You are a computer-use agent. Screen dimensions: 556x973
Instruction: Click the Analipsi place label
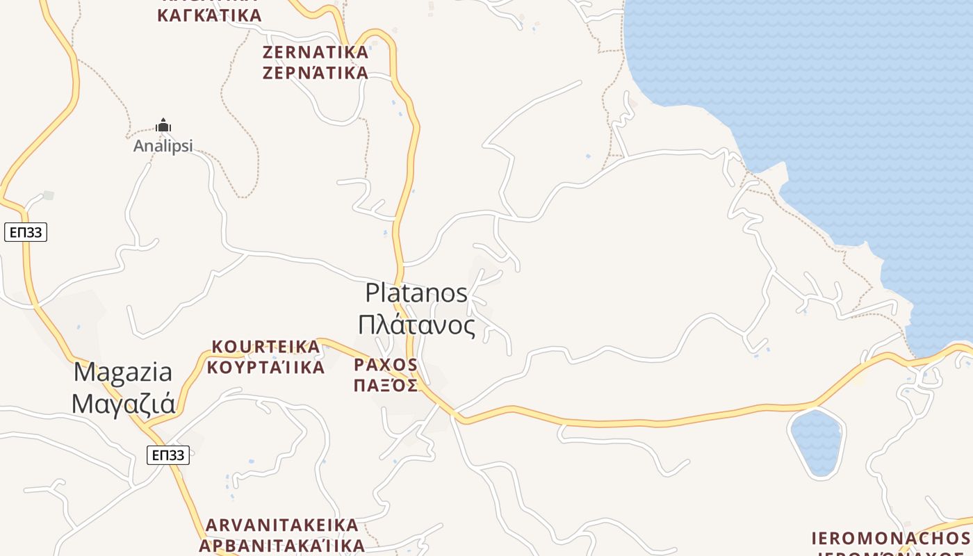click(x=163, y=146)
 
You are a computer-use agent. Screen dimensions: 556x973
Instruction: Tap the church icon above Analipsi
click(x=163, y=126)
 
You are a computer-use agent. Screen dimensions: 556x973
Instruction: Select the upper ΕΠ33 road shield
click(x=26, y=232)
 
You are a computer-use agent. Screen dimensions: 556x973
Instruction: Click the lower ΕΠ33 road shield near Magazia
click(x=168, y=455)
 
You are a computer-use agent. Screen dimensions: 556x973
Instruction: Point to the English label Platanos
click(x=416, y=293)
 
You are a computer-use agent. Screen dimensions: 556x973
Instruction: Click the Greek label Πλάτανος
click(x=416, y=325)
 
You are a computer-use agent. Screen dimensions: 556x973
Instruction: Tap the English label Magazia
click(x=123, y=372)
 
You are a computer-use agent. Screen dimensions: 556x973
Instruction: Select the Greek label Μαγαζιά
click(x=123, y=403)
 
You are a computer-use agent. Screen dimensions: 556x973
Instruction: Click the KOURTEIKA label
click(x=265, y=346)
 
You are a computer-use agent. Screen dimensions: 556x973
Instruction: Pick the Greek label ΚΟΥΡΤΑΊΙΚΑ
click(x=265, y=367)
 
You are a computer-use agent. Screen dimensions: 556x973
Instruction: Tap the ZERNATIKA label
click(x=316, y=52)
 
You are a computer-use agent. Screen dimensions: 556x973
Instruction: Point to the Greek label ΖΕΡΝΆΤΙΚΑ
click(x=316, y=73)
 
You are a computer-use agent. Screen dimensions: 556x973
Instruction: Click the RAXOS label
click(x=386, y=364)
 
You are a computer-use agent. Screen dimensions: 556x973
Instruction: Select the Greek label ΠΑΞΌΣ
click(x=386, y=385)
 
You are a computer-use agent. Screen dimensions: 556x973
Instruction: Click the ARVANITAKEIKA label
click(x=282, y=525)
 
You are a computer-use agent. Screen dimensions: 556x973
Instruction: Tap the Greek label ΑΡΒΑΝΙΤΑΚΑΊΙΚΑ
click(x=282, y=545)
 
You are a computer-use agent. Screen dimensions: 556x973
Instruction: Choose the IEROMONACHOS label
click(x=891, y=538)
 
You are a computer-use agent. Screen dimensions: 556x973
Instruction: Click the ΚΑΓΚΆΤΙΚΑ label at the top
click(x=209, y=15)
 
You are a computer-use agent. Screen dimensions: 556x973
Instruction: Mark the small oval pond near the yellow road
click(x=817, y=443)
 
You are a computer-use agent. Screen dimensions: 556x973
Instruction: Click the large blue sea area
click(x=834, y=83)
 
